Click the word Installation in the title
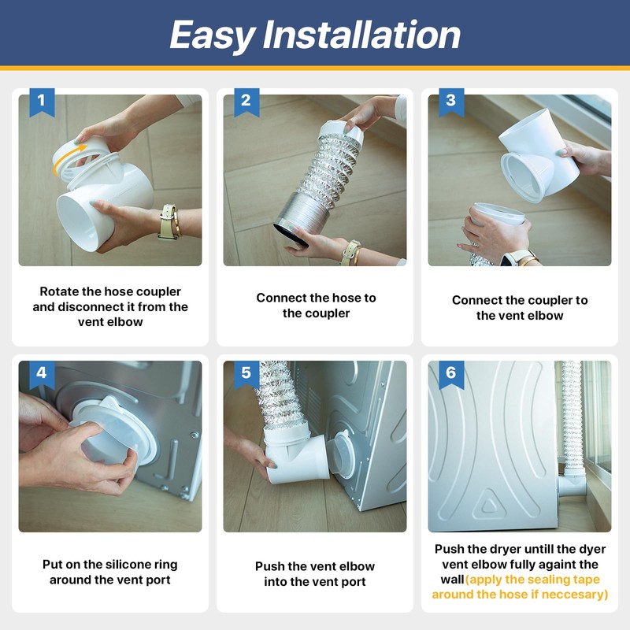pyautogui.click(x=361, y=35)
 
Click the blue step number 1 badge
pyautogui.click(x=42, y=102)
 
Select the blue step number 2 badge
pyautogui.click(x=246, y=102)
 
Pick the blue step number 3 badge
pyautogui.click(x=451, y=102)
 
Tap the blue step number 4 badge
pyautogui.click(x=42, y=375)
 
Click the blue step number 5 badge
pyautogui.click(x=246, y=375)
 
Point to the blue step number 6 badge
pyautogui.click(x=451, y=375)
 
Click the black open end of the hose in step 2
pyautogui.click(x=291, y=235)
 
